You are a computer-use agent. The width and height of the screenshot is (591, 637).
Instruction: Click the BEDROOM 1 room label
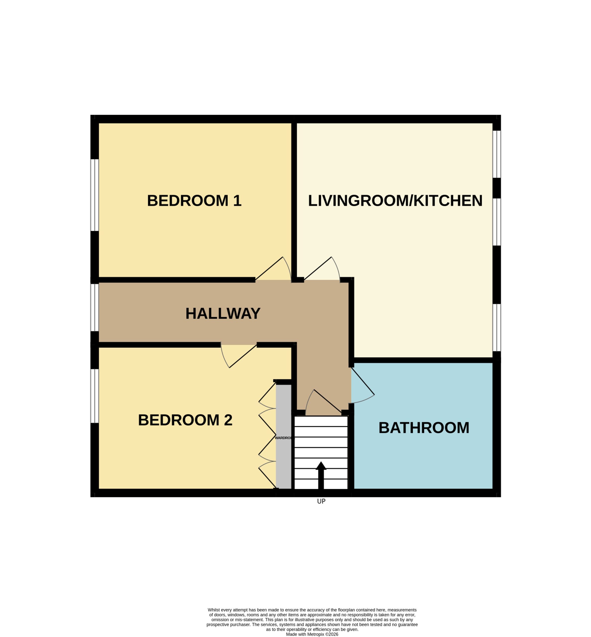tap(194, 201)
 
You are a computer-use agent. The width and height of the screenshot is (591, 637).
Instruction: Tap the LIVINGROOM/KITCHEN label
tap(395, 201)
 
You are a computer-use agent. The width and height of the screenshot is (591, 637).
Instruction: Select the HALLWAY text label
tap(223, 313)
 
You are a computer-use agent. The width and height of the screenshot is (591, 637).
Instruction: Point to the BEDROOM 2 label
tap(185, 420)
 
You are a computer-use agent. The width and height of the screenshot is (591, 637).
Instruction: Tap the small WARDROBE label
tap(284, 438)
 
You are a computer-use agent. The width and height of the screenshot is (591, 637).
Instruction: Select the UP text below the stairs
tap(321, 501)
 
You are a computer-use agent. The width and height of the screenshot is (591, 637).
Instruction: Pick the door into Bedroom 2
tap(239, 356)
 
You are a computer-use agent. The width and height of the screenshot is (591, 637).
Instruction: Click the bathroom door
tap(363, 385)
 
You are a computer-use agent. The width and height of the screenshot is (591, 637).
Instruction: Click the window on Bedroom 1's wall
tap(95, 195)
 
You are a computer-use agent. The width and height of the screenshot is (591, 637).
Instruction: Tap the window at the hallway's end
tap(95, 307)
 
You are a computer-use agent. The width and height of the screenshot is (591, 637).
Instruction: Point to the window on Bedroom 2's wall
tap(95, 396)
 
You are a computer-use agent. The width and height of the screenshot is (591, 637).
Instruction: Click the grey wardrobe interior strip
tap(284, 436)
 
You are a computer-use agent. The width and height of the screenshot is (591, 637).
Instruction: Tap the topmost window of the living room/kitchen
tap(497, 154)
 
